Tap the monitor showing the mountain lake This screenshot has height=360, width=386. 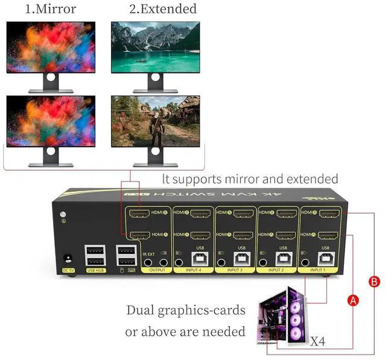click(x=155, y=46)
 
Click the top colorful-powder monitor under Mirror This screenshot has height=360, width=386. click(x=51, y=46)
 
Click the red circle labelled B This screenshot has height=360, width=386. click(x=373, y=281)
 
